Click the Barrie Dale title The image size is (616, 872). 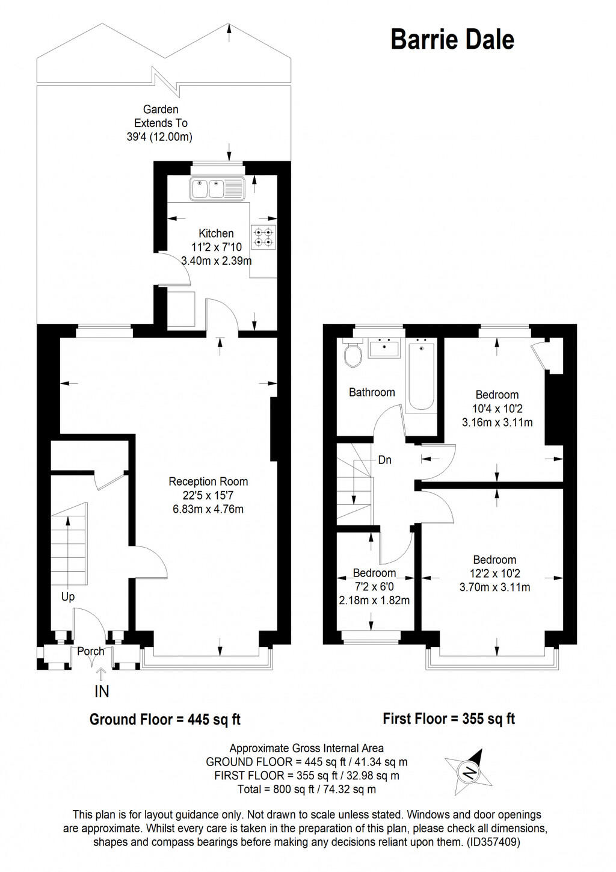pyautogui.click(x=452, y=39)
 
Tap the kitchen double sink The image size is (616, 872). pyautogui.click(x=217, y=189)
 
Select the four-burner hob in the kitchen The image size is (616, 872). pyautogui.click(x=263, y=237)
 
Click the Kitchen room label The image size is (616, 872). pyautogui.click(x=216, y=233)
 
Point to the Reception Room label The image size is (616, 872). pyautogui.click(x=208, y=481)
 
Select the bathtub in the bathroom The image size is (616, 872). pyautogui.click(x=420, y=376)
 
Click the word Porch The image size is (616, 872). pyautogui.click(x=91, y=651)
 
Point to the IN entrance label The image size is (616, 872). pyautogui.click(x=102, y=692)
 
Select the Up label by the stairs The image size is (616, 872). pyautogui.click(x=68, y=596)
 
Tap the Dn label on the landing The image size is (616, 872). pyautogui.click(x=385, y=460)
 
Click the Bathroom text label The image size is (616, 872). pyautogui.click(x=372, y=392)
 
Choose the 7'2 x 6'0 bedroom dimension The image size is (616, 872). pyautogui.click(x=374, y=587)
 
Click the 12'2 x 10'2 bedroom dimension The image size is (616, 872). pyautogui.click(x=494, y=574)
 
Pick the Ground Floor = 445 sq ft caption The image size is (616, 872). pyautogui.click(x=165, y=719)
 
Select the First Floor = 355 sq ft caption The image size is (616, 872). pyautogui.click(x=449, y=719)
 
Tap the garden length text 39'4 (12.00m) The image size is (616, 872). pyautogui.click(x=159, y=137)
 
